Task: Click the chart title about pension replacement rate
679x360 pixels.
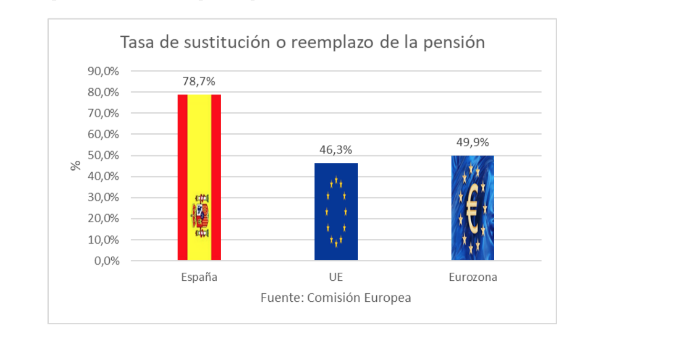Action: point(302,42)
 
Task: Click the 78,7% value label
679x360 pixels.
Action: point(199,82)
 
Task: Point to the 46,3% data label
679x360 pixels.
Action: point(336,150)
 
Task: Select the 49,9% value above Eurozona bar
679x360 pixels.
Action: point(473,142)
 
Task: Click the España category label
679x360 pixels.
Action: point(199,277)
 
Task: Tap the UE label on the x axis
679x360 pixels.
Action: point(336,277)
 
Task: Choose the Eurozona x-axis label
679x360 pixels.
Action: point(473,277)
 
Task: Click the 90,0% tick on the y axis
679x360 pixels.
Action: point(103,71)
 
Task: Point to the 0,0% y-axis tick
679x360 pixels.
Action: point(106,261)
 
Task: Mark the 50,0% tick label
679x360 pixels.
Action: point(103,156)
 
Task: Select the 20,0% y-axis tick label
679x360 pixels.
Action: point(103,219)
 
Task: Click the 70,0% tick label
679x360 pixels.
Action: point(103,113)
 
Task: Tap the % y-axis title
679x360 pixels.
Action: point(75,166)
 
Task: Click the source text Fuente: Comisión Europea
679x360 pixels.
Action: point(336,298)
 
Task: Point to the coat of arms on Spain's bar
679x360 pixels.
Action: point(201,216)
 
